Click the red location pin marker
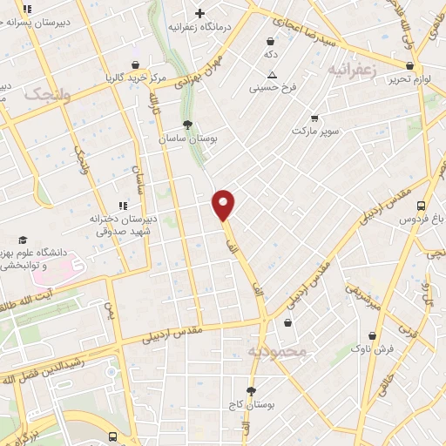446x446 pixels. click(224, 204)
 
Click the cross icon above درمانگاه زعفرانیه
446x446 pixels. click(200, 13)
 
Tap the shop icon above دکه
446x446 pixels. click(271, 40)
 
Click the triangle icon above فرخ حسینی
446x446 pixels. click(272, 75)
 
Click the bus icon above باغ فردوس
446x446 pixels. click(422, 206)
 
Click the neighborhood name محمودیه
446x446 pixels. click(278, 352)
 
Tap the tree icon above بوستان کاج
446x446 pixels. click(252, 392)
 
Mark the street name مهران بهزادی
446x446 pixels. click(182, 70)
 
